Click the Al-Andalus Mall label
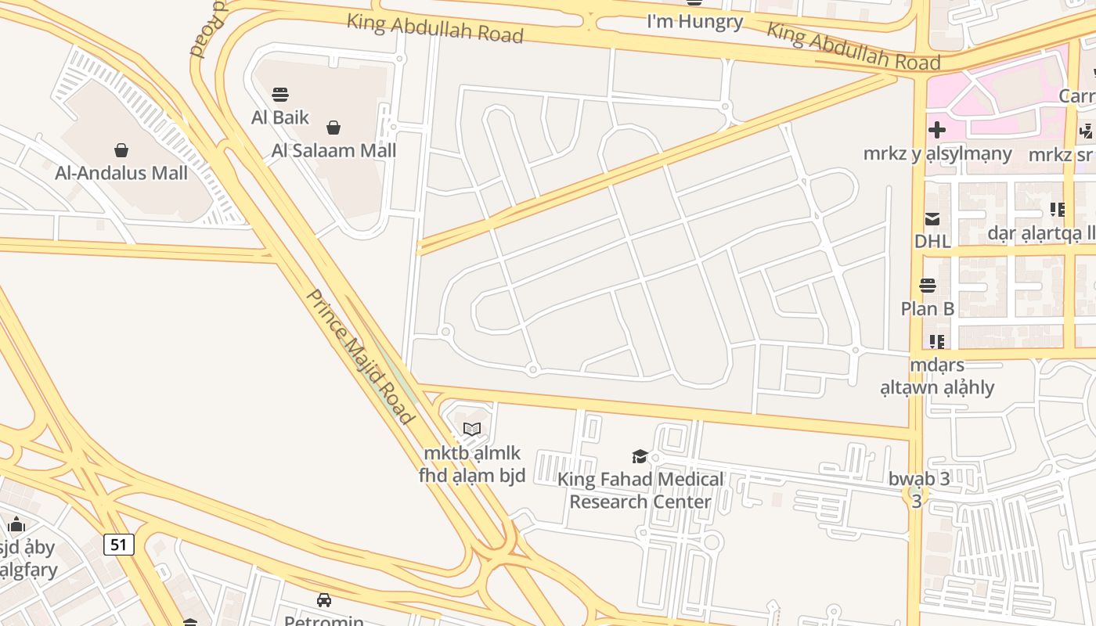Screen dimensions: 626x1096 [x=121, y=173]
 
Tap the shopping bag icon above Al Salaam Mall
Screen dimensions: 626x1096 [x=333, y=128]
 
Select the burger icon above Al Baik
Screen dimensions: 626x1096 [x=280, y=95]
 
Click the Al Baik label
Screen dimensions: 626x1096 [x=280, y=118]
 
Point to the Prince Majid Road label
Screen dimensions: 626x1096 [x=359, y=356]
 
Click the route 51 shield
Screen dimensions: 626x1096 [x=118, y=544]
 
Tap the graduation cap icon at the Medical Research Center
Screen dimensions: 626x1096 [x=640, y=457]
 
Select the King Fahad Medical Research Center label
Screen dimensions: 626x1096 [x=640, y=491]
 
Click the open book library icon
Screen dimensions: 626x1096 [x=471, y=429]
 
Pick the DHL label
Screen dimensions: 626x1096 [x=932, y=241]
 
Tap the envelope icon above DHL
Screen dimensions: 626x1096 [x=932, y=219]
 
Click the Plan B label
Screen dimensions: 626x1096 [x=928, y=308]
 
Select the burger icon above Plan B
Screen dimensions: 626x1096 [x=928, y=286]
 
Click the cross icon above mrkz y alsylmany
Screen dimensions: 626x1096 [x=937, y=130]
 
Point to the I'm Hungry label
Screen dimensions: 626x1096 [x=694, y=21]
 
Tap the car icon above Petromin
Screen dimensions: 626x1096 [x=323, y=600]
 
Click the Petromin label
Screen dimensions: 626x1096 [x=323, y=621]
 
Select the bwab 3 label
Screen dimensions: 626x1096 [x=919, y=479]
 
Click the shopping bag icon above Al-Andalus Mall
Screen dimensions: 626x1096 [x=121, y=149]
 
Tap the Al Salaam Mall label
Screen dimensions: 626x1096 [x=334, y=150]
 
